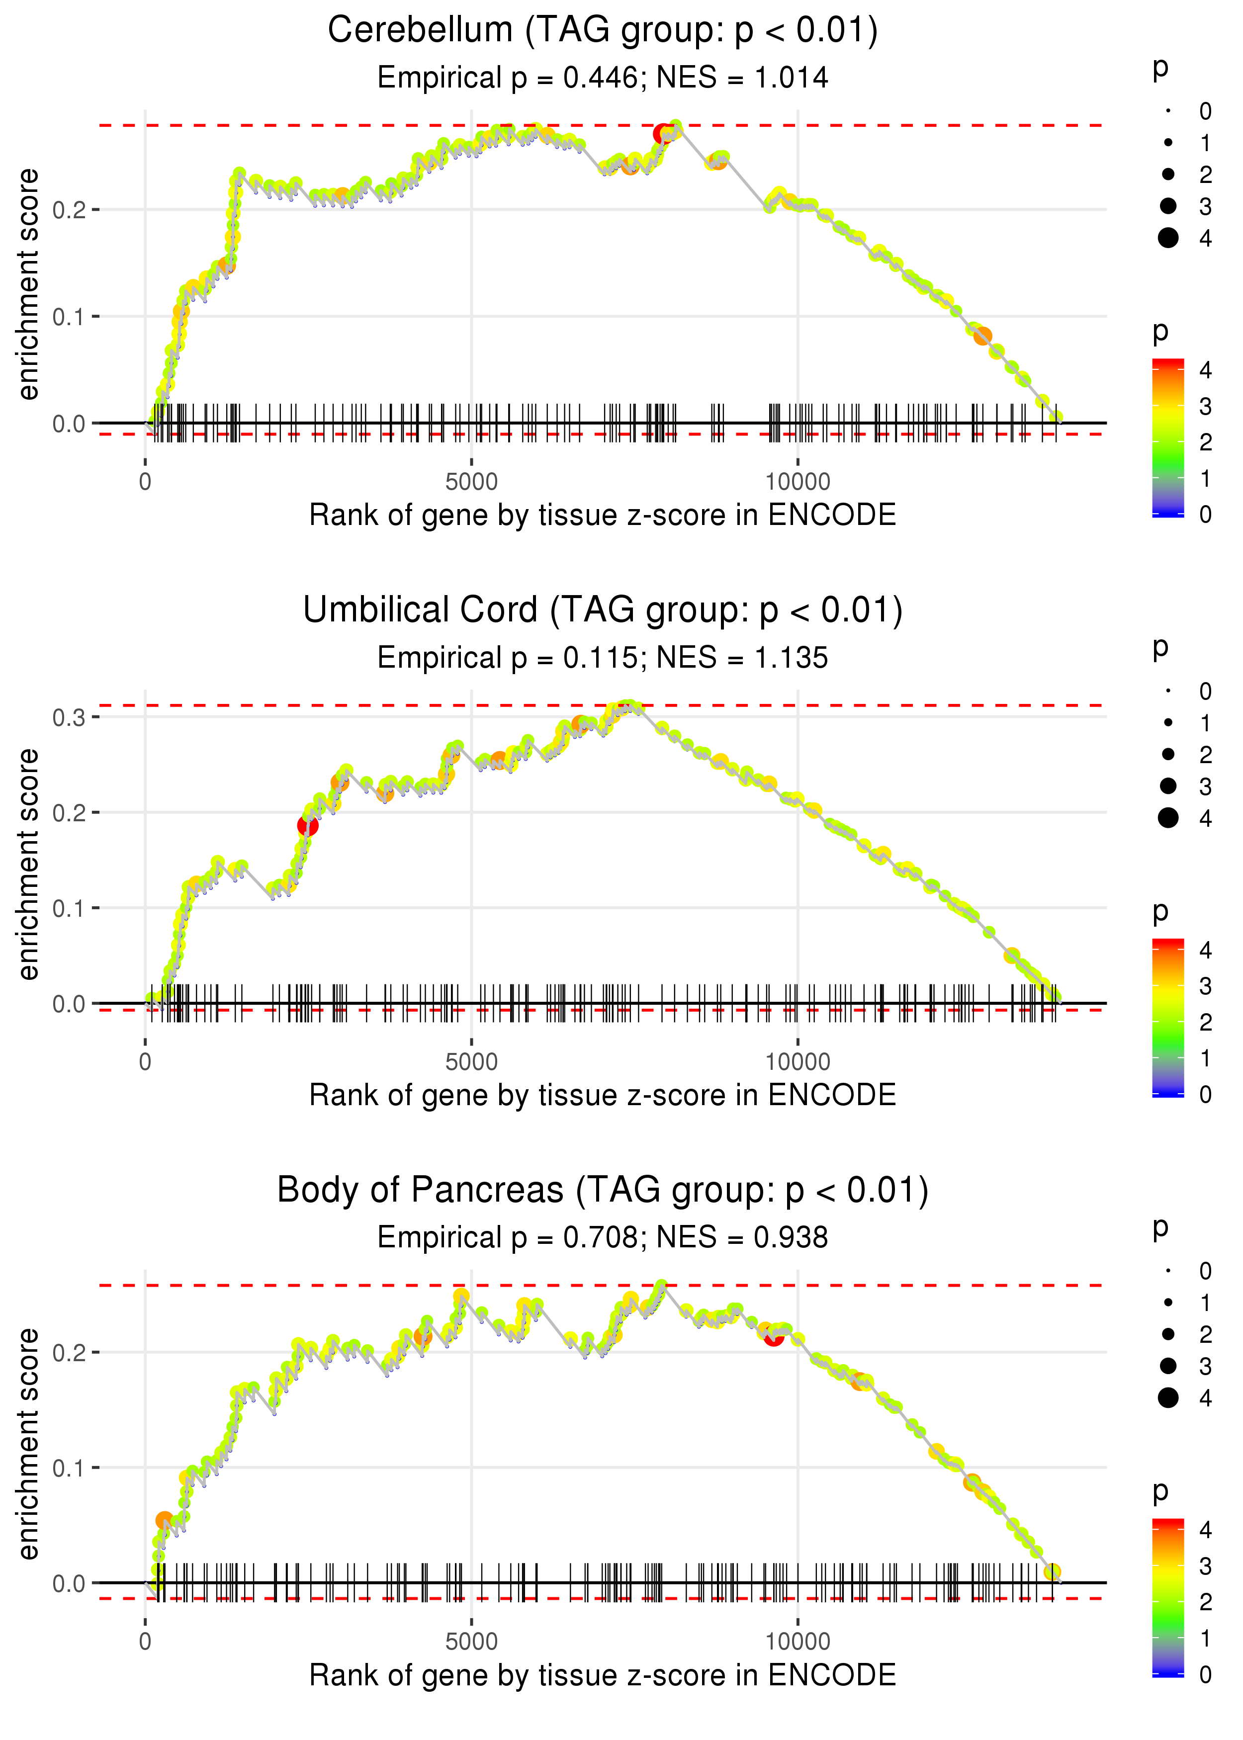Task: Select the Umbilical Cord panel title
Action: (603, 610)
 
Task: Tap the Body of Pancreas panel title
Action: (603, 1191)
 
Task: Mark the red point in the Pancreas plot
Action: (774, 1337)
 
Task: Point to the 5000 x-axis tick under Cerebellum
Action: (471, 482)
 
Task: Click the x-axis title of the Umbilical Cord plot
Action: (603, 1095)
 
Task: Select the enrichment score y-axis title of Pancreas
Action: (28, 1443)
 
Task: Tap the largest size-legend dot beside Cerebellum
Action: (1168, 238)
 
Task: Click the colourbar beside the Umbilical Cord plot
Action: (1168, 1018)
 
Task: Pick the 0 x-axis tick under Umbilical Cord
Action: (145, 1062)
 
